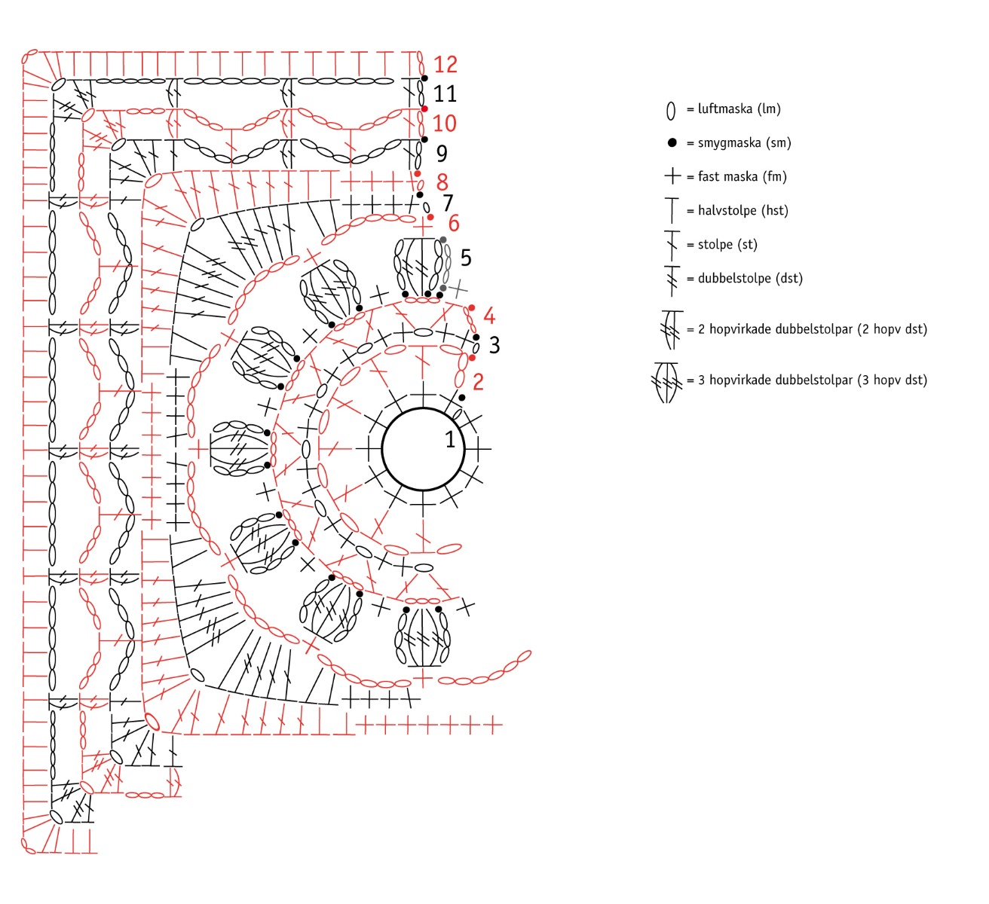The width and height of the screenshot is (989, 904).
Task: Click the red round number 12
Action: click(x=446, y=65)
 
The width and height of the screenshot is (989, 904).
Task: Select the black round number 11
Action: click(x=446, y=94)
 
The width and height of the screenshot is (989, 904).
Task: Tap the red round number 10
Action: click(x=445, y=124)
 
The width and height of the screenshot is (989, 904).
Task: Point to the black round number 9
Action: click(x=442, y=154)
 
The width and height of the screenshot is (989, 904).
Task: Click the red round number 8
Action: click(x=442, y=182)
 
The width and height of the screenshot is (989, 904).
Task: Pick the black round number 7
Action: click(x=448, y=203)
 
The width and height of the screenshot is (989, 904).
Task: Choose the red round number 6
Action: click(x=454, y=224)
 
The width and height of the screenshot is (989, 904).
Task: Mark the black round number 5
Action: click(x=466, y=258)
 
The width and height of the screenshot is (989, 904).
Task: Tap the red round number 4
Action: click(x=489, y=316)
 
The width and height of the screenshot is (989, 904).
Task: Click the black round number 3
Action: click(x=494, y=345)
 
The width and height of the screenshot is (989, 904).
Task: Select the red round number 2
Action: click(x=478, y=381)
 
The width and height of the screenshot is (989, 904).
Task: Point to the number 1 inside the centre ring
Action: click(x=450, y=439)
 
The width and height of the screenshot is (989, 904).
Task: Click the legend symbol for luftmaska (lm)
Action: click(x=670, y=111)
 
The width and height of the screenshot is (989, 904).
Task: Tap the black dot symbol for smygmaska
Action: click(x=672, y=142)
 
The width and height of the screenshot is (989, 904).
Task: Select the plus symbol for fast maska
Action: click(x=672, y=176)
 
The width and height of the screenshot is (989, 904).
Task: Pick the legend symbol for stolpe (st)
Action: click(x=672, y=244)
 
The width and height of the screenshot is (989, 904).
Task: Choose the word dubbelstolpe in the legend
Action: click(x=730, y=278)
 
